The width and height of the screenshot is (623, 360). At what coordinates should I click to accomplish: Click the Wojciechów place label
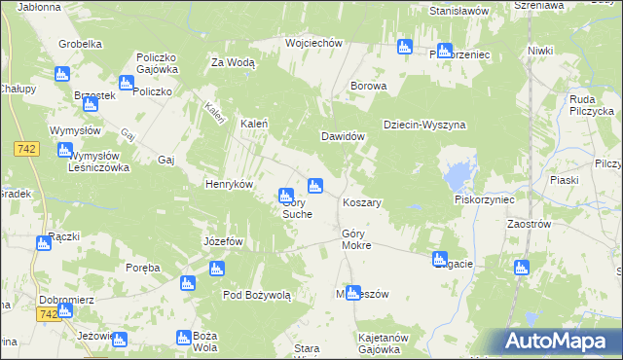pyautogui.click(x=312, y=43)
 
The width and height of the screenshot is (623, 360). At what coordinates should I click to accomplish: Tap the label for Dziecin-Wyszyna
pyautogui.click(x=424, y=125)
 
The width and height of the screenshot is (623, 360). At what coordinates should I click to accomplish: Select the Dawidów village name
pyautogui.click(x=344, y=136)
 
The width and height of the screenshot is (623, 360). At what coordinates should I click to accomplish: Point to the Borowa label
pyautogui.click(x=369, y=86)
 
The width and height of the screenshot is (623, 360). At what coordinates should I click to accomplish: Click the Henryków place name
pyautogui.click(x=229, y=184)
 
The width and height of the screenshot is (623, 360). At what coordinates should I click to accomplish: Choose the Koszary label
pyautogui.click(x=361, y=202)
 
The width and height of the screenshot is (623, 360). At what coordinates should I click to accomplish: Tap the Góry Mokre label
pyautogui.click(x=356, y=240)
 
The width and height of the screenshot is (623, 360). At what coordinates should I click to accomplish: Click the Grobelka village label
pyautogui.click(x=80, y=44)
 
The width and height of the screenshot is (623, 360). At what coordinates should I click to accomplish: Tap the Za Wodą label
pyautogui.click(x=233, y=62)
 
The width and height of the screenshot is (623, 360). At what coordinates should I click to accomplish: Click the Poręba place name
pyautogui.click(x=142, y=267)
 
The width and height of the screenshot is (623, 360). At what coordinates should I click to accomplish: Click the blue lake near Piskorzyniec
pyautogui.click(x=455, y=176)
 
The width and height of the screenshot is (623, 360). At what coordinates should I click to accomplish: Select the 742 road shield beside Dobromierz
pyautogui.click(x=48, y=315)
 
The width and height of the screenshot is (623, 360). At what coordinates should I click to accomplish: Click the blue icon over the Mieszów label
pyautogui.click(x=353, y=291)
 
